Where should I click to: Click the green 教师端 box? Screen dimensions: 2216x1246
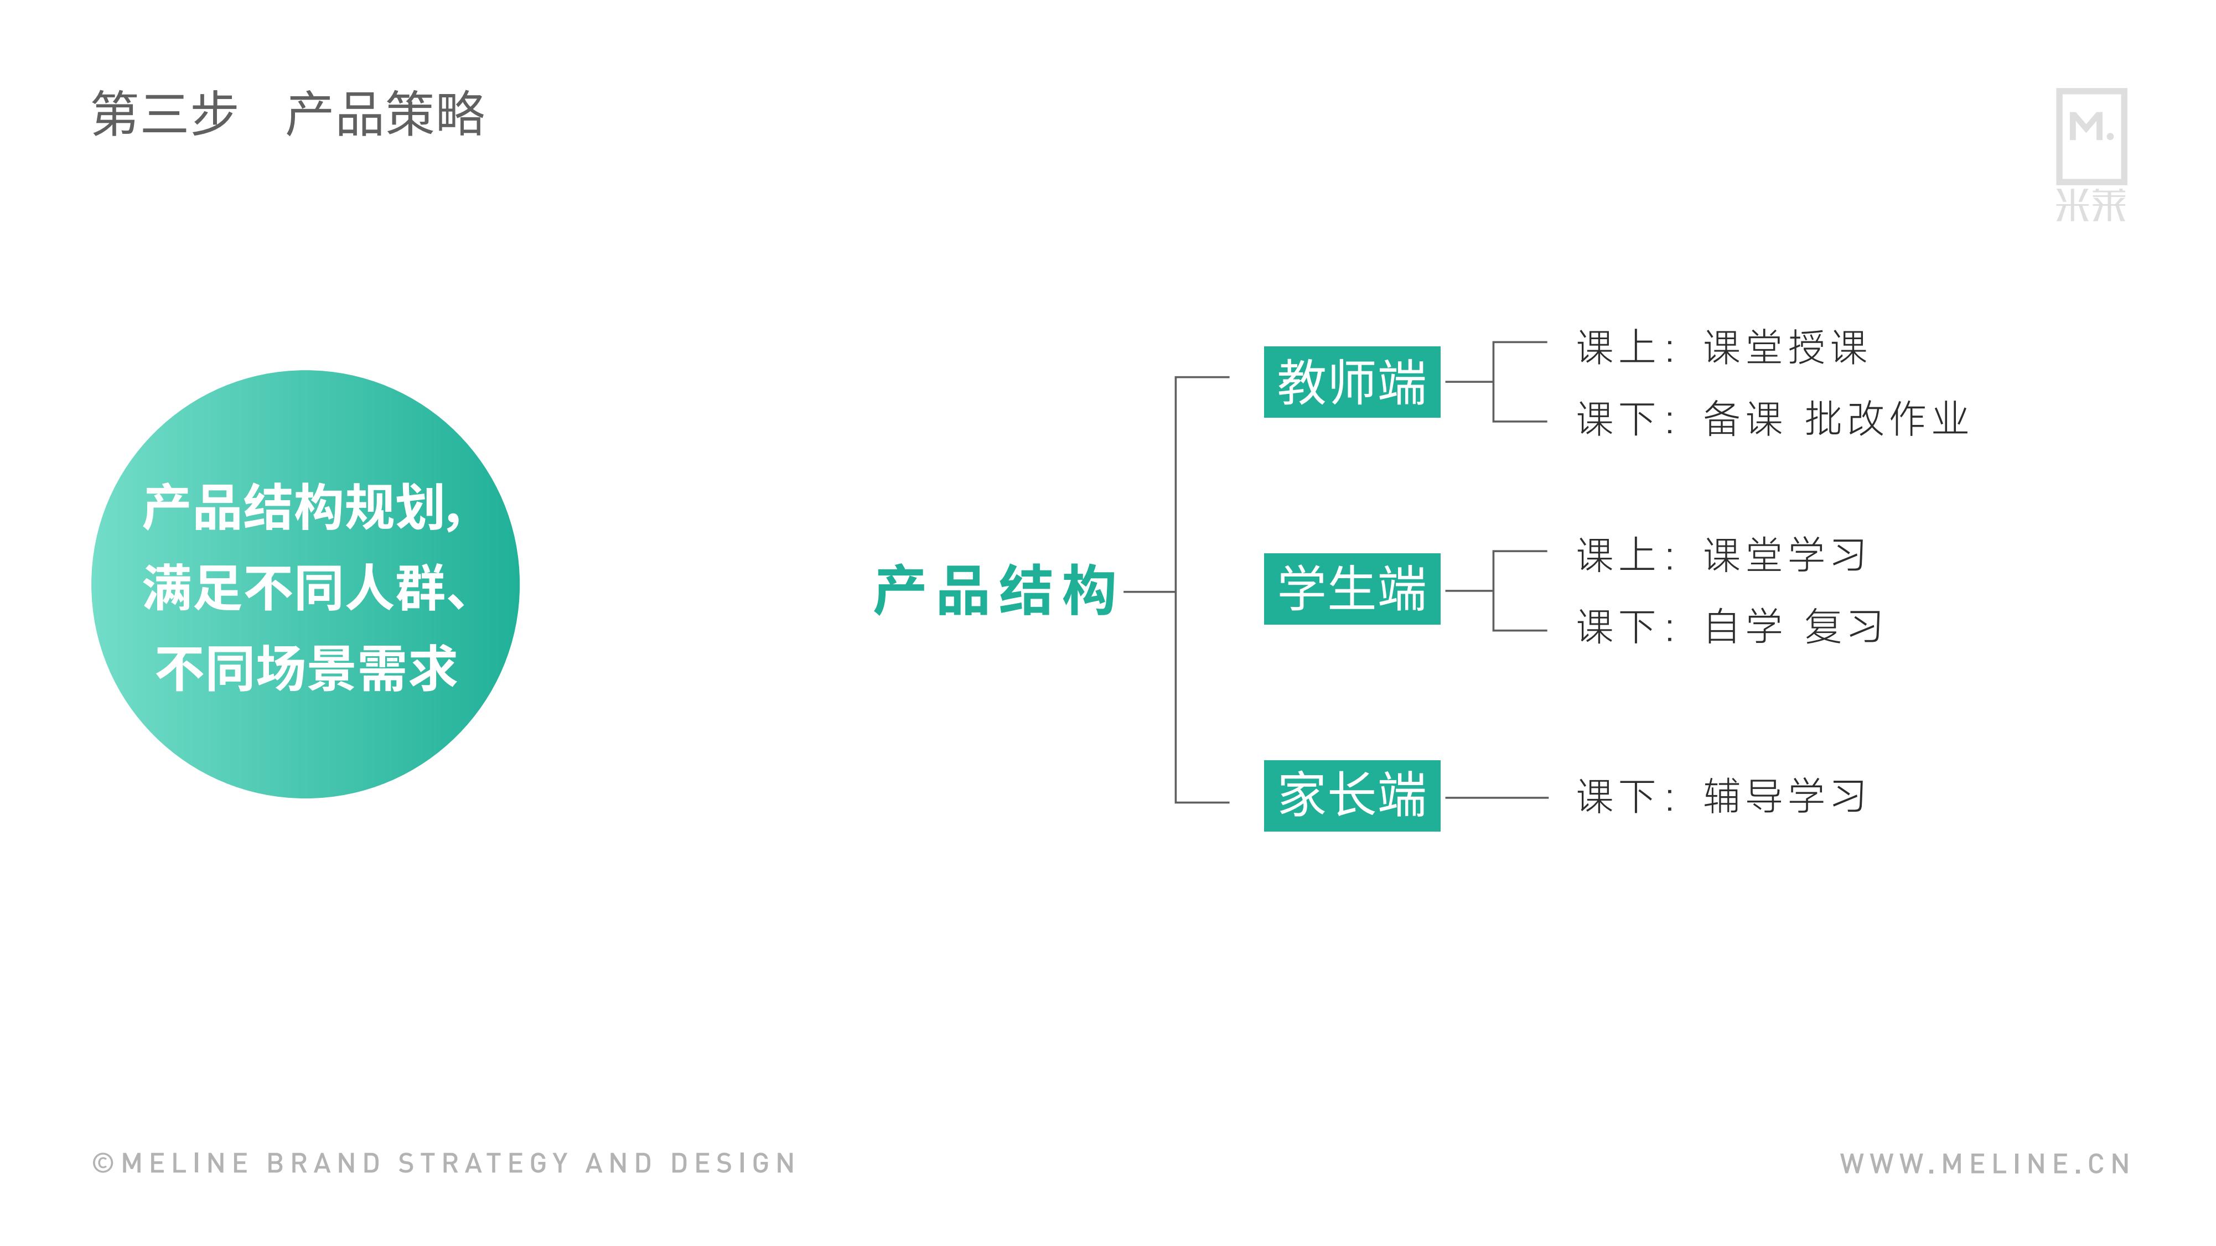click(1352, 382)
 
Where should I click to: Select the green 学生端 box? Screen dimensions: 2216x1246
click(1352, 589)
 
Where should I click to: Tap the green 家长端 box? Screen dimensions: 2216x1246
click(1352, 796)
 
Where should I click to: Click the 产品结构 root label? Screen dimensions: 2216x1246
click(995, 591)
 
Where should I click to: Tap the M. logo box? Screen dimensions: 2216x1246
click(2091, 136)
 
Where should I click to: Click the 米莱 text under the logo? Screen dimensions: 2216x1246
click(2091, 205)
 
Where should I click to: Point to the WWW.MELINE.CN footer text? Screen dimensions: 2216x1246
click(1985, 1164)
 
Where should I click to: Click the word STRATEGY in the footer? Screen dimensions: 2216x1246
click(484, 1164)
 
